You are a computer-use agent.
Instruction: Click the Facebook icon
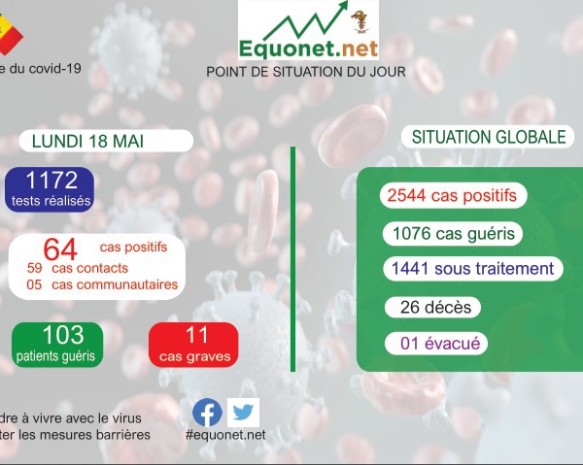pos(207,413)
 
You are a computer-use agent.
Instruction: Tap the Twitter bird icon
pos(243,413)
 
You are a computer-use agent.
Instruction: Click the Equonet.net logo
pos(308,30)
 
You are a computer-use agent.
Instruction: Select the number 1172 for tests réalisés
pos(51,180)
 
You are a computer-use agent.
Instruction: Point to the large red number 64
pos(60,249)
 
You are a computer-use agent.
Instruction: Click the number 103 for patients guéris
pos(63,335)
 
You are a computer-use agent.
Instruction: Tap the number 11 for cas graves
pos(196,335)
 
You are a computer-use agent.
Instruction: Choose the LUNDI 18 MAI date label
pos(87,141)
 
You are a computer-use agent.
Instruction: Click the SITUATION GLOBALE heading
pos(489,137)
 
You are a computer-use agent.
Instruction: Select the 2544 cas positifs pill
pos(453,195)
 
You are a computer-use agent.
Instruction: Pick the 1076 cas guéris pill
pos(453,234)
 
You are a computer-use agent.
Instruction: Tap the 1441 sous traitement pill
pos(473,269)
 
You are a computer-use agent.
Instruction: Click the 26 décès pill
pos(432,307)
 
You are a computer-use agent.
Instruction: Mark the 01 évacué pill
pos(436,344)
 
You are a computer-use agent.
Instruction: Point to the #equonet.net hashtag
pos(225,435)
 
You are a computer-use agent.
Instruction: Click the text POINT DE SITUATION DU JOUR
pos(306,72)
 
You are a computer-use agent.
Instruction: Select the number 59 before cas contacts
pos(35,268)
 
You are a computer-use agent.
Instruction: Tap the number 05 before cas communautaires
pos(34,284)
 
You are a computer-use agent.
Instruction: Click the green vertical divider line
pos(293,259)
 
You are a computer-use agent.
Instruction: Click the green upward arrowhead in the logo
pos(343,5)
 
